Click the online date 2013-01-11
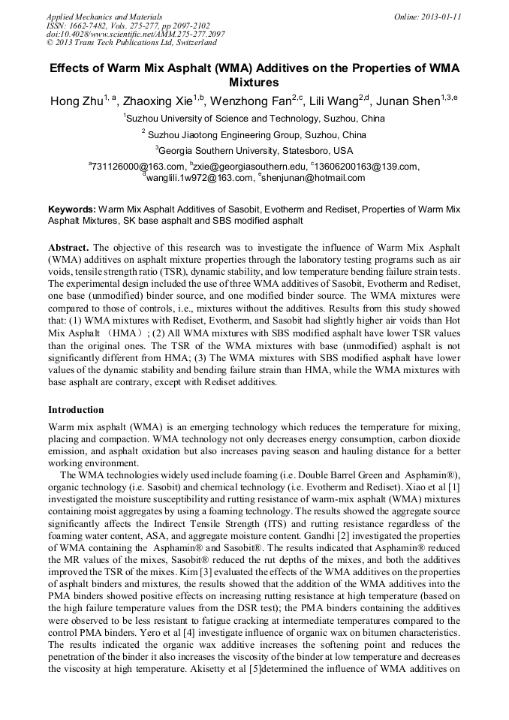coord(438,16)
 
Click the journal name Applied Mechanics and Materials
coord(104,16)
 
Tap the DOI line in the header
coord(135,34)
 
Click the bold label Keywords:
coord(72,209)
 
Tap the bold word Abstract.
coord(69,247)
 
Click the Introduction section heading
coord(76,410)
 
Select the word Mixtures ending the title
coord(254,82)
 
